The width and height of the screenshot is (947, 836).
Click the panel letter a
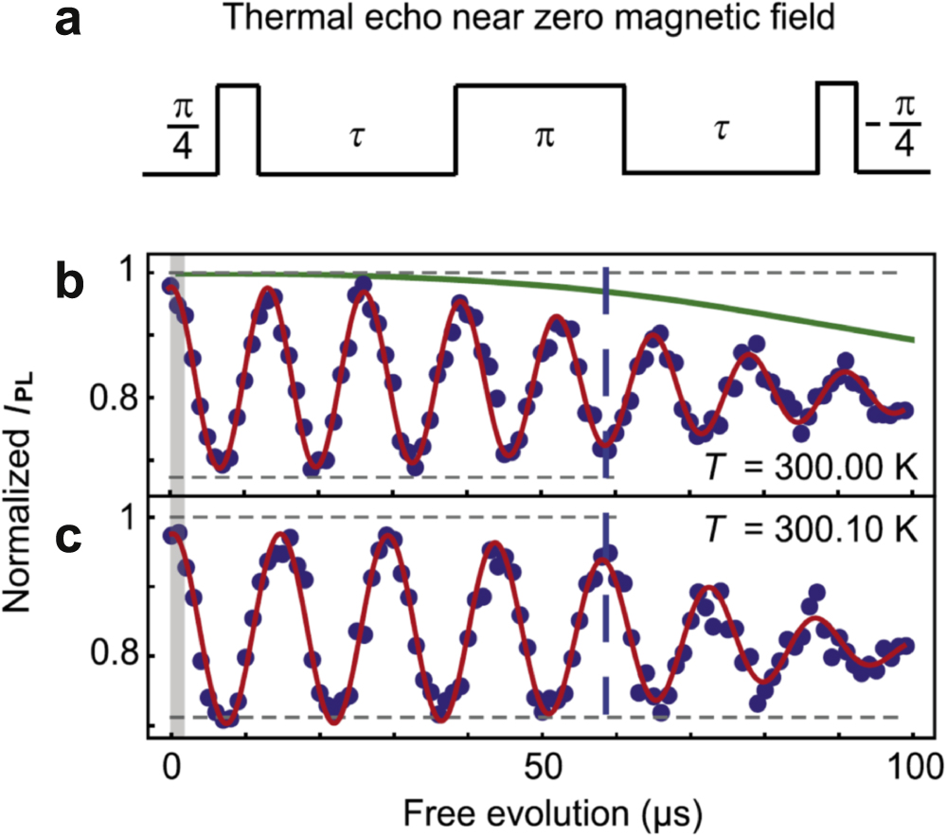tap(70, 21)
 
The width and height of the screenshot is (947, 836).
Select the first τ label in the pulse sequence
tap(356, 132)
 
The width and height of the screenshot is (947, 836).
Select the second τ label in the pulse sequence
tap(721, 132)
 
